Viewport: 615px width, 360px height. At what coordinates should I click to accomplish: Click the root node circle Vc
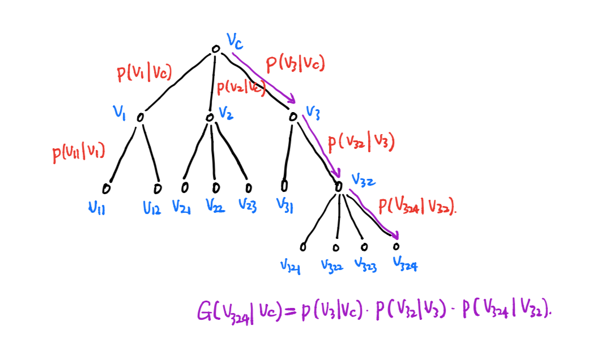pyautogui.click(x=215, y=50)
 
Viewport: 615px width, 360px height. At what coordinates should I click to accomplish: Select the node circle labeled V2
pyautogui.click(x=210, y=117)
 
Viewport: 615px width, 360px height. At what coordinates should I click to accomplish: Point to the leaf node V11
pyautogui.click(x=106, y=188)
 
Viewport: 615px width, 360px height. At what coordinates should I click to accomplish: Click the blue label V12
pyautogui.click(x=152, y=209)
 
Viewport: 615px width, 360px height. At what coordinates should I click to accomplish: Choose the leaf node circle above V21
pyautogui.click(x=185, y=187)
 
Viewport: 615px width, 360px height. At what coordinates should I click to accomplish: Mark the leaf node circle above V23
pyautogui.click(x=247, y=187)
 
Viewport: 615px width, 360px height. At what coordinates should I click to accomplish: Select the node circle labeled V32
pyautogui.click(x=339, y=186)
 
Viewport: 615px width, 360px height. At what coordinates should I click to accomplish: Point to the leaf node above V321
pyautogui.click(x=303, y=247)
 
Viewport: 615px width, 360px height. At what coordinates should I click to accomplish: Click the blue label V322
pyautogui.click(x=332, y=265)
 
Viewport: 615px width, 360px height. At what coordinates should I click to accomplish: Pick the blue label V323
pyautogui.click(x=366, y=264)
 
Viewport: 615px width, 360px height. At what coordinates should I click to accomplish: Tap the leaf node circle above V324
pyautogui.click(x=396, y=246)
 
